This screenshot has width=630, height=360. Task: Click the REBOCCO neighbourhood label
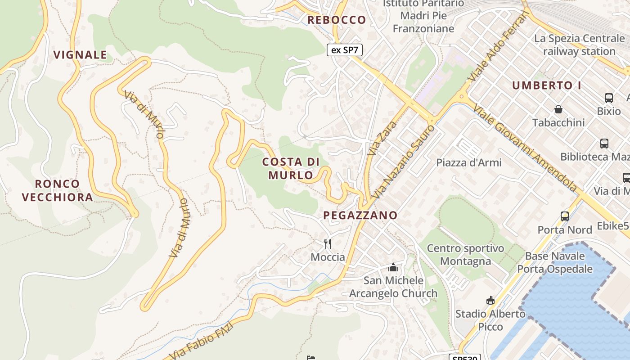[x=337, y=20]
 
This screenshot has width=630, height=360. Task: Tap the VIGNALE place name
[x=81, y=55]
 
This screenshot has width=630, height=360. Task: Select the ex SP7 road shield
[x=344, y=50]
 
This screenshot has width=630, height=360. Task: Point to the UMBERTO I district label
[x=546, y=85]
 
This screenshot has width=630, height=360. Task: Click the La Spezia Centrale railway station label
[x=579, y=45]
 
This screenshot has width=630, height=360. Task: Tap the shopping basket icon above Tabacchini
[x=558, y=109]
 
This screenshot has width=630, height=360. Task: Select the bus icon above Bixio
[x=609, y=98]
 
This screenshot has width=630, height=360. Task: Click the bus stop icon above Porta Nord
[x=565, y=216]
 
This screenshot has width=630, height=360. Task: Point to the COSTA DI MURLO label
[x=291, y=168]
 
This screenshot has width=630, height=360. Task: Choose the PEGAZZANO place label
[x=360, y=216]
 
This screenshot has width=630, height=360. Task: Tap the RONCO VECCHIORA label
[x=57, y=190]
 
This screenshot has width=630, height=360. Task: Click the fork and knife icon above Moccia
[x=328, y=244]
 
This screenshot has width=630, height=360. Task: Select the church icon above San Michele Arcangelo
[x=393, y=267]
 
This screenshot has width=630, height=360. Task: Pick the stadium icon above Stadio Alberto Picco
[x=490, y=300]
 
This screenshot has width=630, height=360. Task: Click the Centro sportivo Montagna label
[x=465, y=255]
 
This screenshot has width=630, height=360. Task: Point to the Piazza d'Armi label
[x=469, y=162]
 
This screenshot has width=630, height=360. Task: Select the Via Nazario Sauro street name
[x=405, y=162]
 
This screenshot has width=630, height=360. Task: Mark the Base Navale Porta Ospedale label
[x=555, y=263]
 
